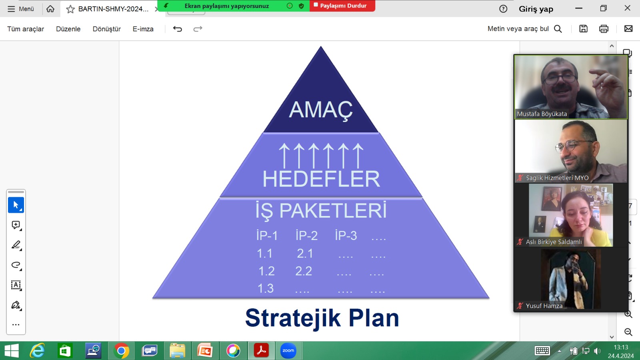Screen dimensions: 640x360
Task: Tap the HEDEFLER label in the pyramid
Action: pos(321,179)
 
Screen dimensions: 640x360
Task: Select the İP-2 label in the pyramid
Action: pos(306,236)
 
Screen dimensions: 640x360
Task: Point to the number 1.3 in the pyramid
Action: pos(266,288)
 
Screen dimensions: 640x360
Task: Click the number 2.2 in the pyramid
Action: pos(304,271)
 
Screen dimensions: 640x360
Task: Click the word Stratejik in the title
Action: pos(293,318)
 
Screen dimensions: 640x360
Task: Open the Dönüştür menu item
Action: pos(106,29)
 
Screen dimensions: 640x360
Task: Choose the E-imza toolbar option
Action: pos(143,29)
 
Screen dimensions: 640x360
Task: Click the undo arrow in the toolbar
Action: pos(178,29)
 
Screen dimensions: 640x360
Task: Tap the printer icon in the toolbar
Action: pos(604,29)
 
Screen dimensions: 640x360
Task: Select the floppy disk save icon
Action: pos(584,29)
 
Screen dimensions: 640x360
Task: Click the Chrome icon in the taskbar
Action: pos(121,350)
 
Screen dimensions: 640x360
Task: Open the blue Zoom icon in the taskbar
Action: pos(288,350)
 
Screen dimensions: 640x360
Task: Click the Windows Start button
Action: pos(12,350)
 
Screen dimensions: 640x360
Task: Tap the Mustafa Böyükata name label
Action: pos(542,114)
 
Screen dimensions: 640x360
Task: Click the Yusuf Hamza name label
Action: pos(544,306)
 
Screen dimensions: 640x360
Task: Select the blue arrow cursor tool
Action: pos(16,205)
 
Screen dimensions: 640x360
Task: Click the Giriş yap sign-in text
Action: pos(536,9)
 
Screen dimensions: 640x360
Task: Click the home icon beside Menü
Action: pos(50,9)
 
